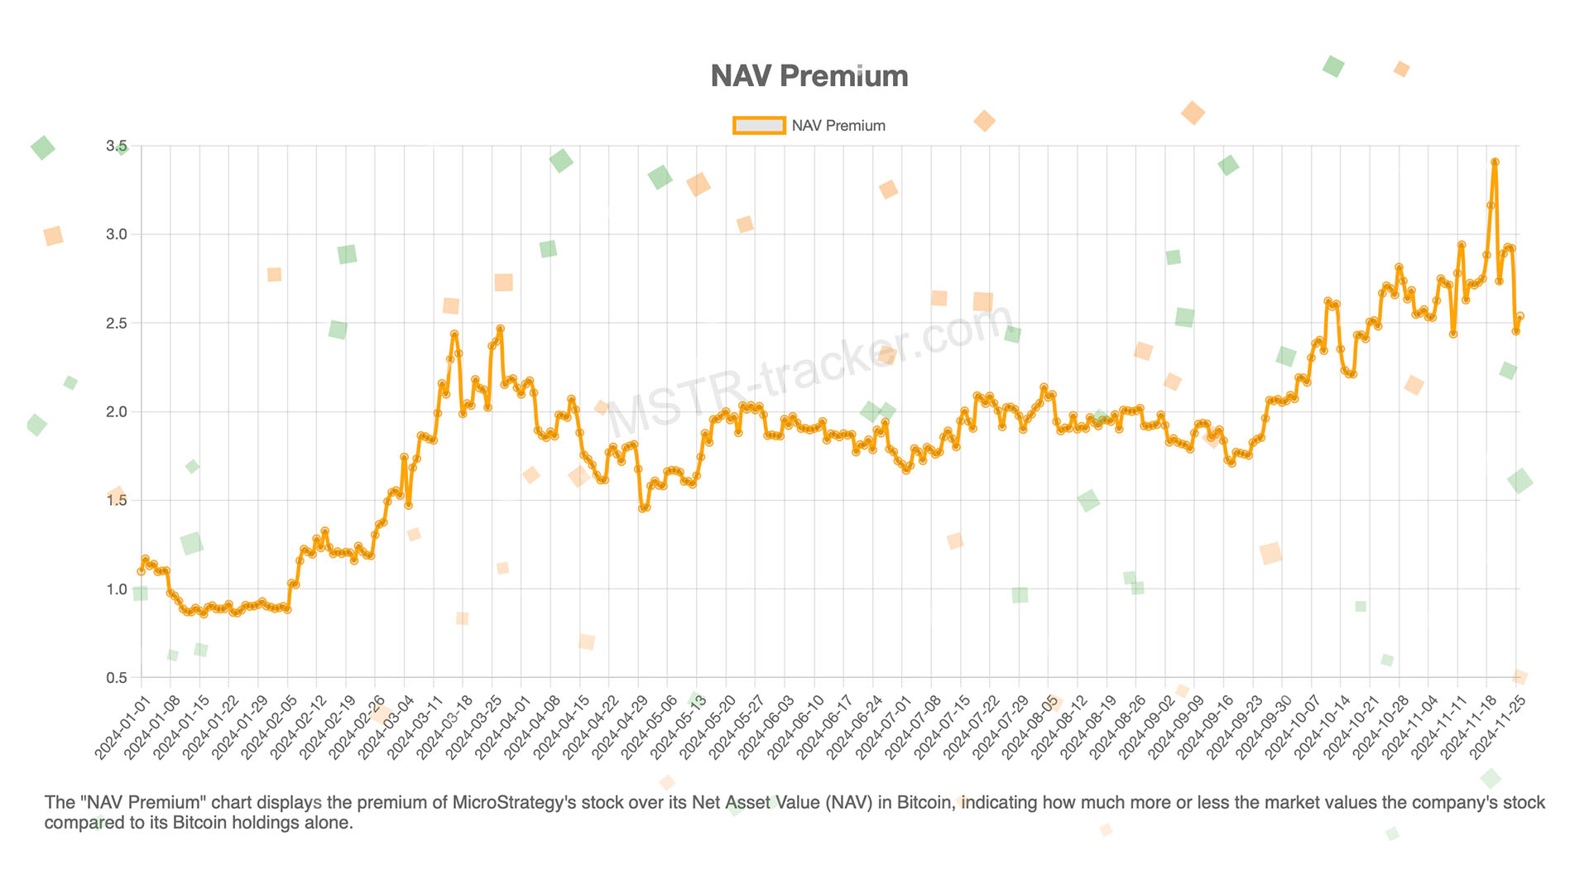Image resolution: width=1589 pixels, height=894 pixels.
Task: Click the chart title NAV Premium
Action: [809, 76]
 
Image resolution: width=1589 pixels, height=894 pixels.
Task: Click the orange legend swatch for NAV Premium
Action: [758, 126]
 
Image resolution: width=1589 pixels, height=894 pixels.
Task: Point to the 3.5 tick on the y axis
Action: [117, 147]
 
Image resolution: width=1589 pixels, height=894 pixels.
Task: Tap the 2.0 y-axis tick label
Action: [117, 412]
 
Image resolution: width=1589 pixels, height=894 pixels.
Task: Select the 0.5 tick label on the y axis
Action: [117, 678]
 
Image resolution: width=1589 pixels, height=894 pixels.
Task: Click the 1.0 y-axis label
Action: [117, 589]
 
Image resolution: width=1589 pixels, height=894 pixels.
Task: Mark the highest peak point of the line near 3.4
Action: [1495, 162]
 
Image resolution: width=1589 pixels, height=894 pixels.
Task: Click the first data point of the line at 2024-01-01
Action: [141, 571]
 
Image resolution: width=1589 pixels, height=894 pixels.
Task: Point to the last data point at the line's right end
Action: [1519, 316]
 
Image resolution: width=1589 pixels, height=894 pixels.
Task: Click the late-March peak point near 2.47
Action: [501, 329]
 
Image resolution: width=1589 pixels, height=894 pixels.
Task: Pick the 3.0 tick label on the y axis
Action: [117, 235]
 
